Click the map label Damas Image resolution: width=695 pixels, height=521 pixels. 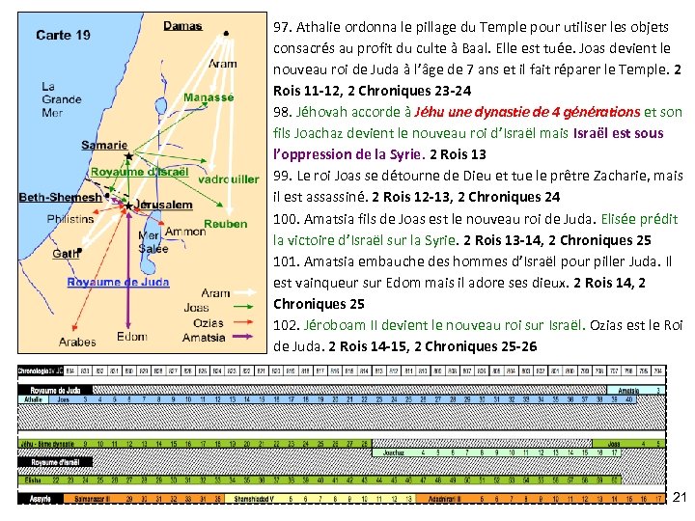coord(182,25)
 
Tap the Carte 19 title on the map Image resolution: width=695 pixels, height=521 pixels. coord(63,36)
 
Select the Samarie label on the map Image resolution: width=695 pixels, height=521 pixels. coord(103,145)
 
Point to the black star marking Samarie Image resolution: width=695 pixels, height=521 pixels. coord(129,154)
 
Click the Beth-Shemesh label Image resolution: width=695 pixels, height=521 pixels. coord(60,197)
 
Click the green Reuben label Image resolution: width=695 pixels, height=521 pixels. coord(225,224)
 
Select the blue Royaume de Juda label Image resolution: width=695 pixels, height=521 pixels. coord(118,282)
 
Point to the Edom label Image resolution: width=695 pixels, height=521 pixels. coord(131,336)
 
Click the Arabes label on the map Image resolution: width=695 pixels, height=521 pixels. coord(77,342)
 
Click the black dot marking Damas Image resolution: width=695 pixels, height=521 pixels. coord(225,33)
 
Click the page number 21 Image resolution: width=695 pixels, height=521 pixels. coord(679,498)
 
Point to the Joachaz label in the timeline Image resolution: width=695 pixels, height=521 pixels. coord(393,452)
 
